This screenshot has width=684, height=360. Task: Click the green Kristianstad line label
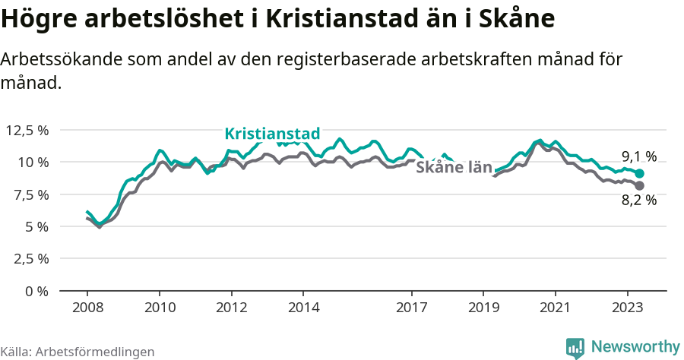click(272, 134)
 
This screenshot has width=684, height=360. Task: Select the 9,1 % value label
click(638, 156)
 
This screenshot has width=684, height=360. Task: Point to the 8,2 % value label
click(638, 200)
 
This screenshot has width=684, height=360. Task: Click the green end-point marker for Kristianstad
click(639, 173)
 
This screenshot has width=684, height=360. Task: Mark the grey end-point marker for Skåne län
click(639, 185)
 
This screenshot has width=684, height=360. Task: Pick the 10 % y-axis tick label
click(31, 162)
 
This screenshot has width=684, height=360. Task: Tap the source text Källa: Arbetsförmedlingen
click(78, 352)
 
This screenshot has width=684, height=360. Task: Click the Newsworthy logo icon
click(575, 347)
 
